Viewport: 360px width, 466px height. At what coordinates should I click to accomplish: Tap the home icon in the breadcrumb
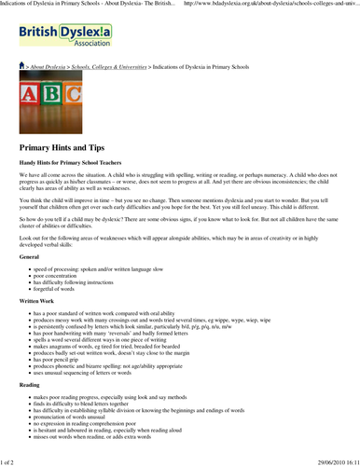23,67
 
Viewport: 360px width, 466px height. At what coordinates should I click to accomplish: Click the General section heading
29,255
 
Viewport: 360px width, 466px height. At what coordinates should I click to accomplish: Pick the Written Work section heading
39,302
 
